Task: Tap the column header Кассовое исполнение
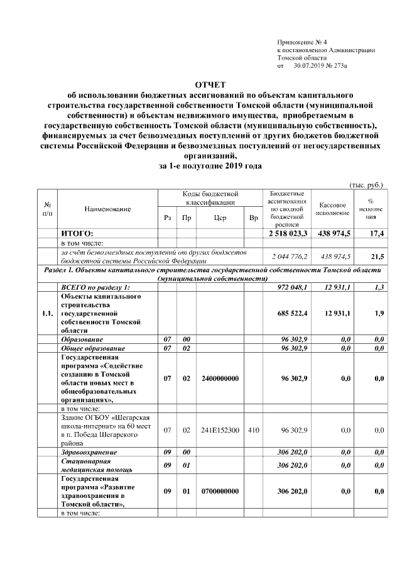(x=333, y=209)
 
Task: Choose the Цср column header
(x=220, y=218)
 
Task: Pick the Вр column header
(x=253, y=218)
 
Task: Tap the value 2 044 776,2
(x=289, y=257)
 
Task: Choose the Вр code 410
(x=253, y=430)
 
